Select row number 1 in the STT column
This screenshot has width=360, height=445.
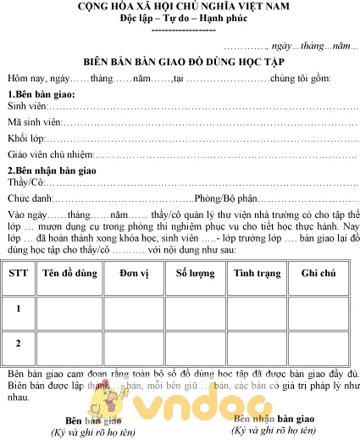coord(18,308)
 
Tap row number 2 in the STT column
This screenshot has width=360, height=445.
coord(18,342)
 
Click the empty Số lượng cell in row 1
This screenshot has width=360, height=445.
coord(195,308)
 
